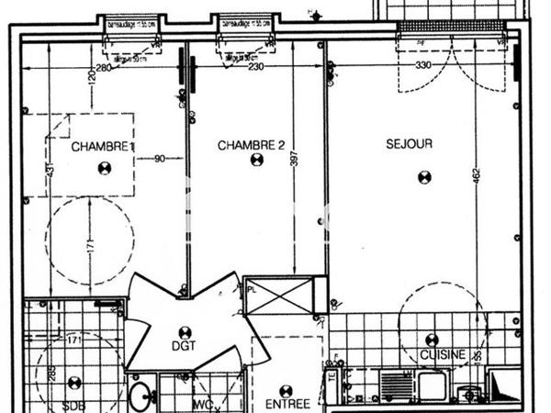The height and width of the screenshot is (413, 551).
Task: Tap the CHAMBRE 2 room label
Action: pos(251,145)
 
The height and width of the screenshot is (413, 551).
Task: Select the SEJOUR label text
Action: pos(409,143)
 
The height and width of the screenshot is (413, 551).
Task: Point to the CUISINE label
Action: pos(442,354)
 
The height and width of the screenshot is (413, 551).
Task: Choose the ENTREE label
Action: pos(287,403)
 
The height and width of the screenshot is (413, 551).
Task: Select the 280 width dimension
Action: pos(104,67)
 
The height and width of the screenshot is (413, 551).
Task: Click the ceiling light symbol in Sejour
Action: pos(424,177)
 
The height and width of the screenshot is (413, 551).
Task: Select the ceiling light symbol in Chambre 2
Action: pos(256,160)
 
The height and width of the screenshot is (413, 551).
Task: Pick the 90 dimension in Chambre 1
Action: pos(159,158)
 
